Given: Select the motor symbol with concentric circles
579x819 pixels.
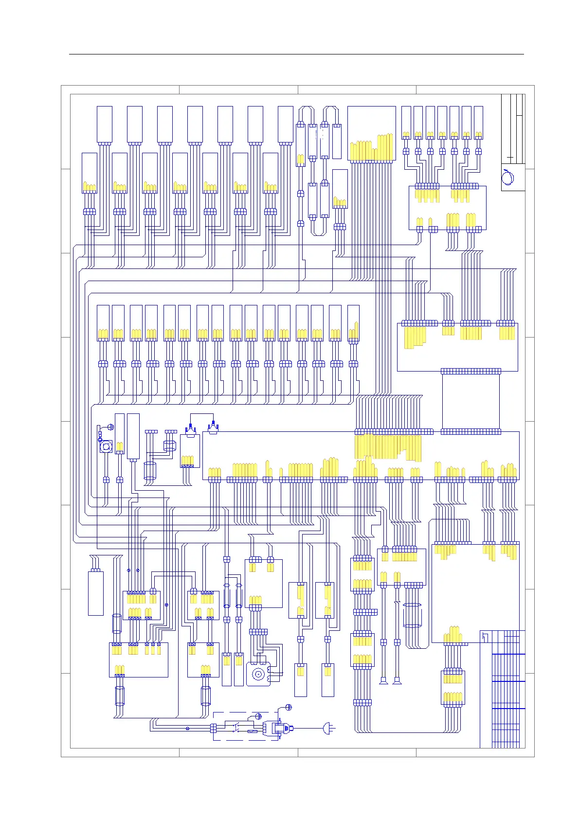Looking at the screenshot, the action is pyautogui.click(x=258, y=675).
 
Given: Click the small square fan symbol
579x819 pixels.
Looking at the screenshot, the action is pyautogui.click(x=106, y=446).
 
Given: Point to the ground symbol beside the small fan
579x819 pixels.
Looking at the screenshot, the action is pyautogui.click(x=110, y=427).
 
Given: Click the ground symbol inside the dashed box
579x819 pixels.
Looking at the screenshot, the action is pyautogui.click(x=258, y=716).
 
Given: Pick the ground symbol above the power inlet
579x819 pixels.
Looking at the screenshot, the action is pyautogui.click(x=288, y=707).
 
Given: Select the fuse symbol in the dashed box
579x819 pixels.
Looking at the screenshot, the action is pyautogui.click(x=252, y=731).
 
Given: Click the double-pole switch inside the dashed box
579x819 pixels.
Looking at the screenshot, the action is pyautogui.click(x=237, y=728).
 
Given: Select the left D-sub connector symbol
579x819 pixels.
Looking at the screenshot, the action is pyautogui.click(x=190, y=429).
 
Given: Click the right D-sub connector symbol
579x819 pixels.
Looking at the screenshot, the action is pyautogui.click(x=213, y=428).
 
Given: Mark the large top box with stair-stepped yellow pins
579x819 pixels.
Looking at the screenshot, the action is pyautogui.click(x=371, y=133).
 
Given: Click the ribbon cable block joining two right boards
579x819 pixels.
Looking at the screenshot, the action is pyautogui.click(x=470, y=401).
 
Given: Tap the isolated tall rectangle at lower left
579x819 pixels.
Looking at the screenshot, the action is pyautogui.click(x=96, y=593).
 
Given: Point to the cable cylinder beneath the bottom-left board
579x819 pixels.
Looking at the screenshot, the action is pyautogui.click(x=119, y=696).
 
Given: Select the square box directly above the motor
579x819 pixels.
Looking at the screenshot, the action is pyautogui.click(x=264, y=583).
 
